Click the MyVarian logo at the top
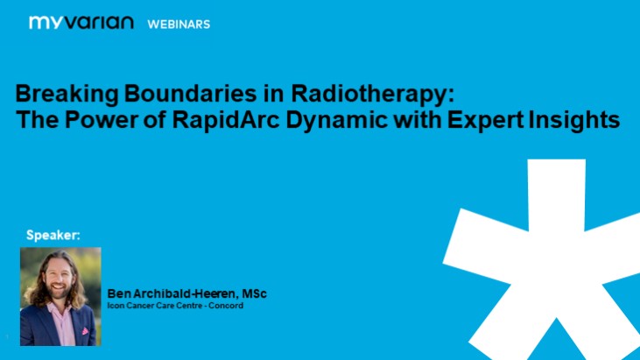pyautogui.click(x=81, y=23)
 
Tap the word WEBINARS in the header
pyautogui.click(x=178, y=24)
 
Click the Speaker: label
pyautogui.click(x=53, y=236)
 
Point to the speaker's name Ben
pyautogui.click(x=119, y=293)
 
